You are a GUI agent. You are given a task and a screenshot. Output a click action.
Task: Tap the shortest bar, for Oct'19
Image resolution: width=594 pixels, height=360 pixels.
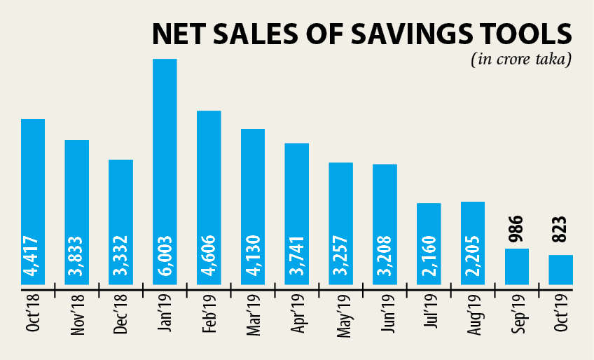(x=560, y=270)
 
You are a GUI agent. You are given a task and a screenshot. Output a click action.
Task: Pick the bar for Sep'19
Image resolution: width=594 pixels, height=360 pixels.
(x=517, y=266)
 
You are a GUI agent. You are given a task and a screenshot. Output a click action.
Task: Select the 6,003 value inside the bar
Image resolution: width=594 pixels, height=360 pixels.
(x=165, y=257)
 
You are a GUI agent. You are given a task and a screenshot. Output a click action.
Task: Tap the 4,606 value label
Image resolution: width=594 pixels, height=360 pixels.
(x=209, y=257)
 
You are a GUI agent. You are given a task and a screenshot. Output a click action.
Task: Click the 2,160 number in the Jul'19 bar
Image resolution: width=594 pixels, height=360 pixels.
(x=429, y=257)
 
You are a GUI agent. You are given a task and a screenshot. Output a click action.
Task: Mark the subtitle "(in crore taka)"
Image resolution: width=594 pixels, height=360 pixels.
(x=521, y=59)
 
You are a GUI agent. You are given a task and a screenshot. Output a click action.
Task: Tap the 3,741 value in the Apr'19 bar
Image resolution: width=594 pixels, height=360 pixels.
(x=296, y=257)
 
